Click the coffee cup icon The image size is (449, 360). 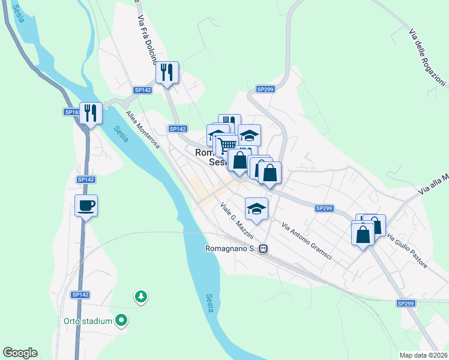point(86,206)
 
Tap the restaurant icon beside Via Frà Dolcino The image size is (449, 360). point(167,73)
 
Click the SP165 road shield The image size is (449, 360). point(72,112)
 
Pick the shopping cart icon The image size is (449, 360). point(226,145)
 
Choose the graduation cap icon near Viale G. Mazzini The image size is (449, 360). point(256,209)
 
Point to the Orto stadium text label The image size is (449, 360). point(88,321)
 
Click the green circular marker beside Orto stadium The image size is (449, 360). point(122,321)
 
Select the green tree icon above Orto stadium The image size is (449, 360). point(140,296)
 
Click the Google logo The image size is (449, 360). point(20,353)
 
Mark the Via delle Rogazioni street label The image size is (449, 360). point(427,58)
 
